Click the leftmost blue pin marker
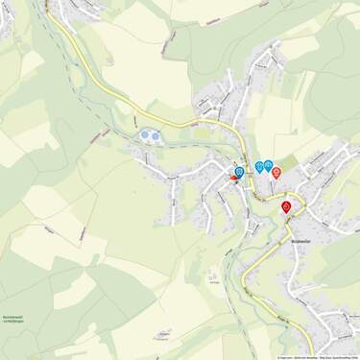coord(239,171)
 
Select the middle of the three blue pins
coord(259,166)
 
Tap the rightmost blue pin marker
coord(269,165)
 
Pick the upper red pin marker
coord(276,172)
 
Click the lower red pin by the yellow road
coord(286,205)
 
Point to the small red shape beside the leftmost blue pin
coord(233,179)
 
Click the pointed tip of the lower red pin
coord(286,213)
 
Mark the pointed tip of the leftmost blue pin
coord(239,179)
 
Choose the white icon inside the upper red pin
coord(276,171)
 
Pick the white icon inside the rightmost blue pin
coord(269,164)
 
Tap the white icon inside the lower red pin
coord(286,204)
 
